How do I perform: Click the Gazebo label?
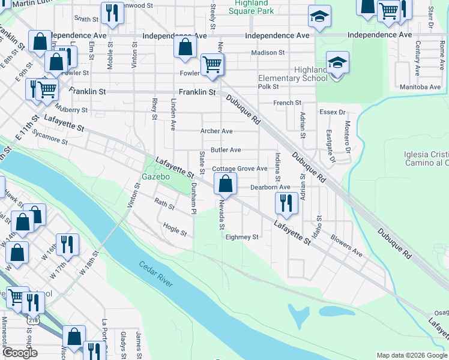(156, 177)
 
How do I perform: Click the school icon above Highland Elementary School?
(337, 62)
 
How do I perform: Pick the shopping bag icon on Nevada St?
(225, 184)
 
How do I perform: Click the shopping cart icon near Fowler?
(212, 64)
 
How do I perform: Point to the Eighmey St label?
(241, 237)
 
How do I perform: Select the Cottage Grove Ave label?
(240, 169)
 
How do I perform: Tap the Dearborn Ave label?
(270, 187)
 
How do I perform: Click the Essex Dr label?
(333, 112)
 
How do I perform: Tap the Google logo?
(19, 353)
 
